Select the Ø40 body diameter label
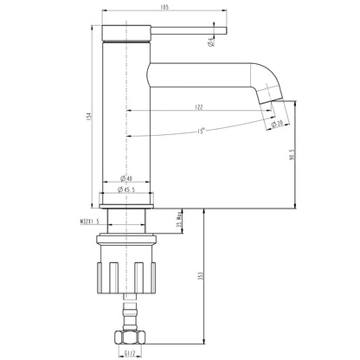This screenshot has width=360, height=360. pos(127,179)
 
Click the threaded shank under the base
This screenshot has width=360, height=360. pos(127,227)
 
